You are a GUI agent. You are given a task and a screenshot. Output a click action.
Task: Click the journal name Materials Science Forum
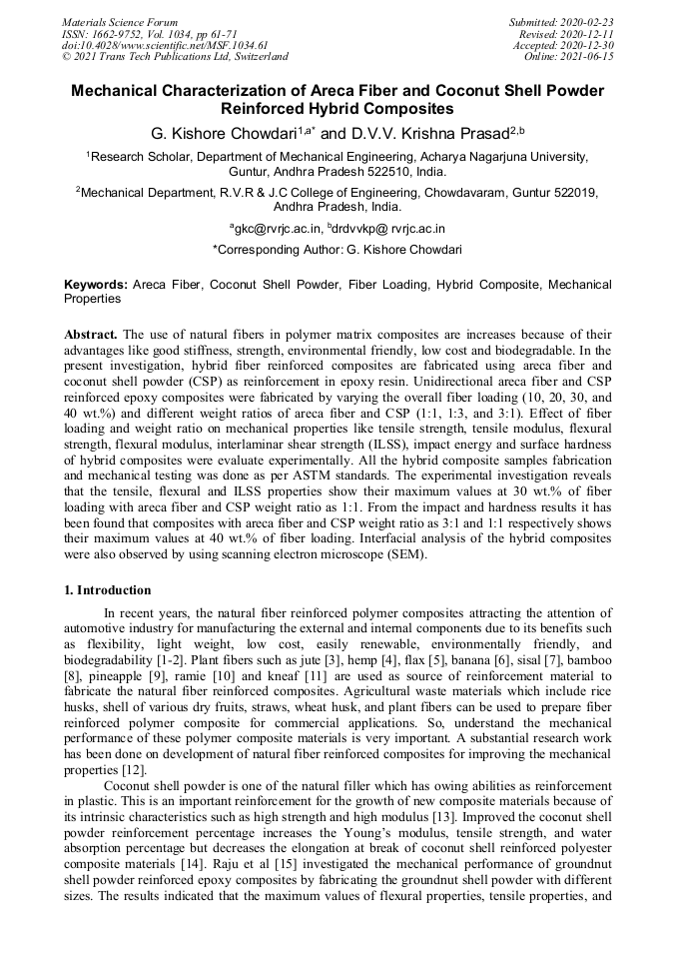point(120,22)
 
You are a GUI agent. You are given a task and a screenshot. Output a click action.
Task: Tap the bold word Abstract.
point(92,334)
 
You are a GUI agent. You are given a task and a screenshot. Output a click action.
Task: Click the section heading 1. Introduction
point(108,590)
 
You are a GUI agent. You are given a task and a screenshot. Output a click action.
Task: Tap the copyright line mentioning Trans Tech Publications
point(175,57)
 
